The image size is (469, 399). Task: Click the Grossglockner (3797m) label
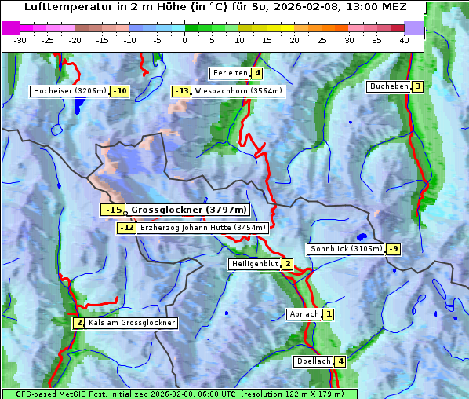tap(188, 210)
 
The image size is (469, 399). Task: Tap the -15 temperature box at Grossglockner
tap(113, 210)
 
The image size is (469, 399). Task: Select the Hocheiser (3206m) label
tap(70, 91)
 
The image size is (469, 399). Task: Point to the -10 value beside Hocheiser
tap(120, 91)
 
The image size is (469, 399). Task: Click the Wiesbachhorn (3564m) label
tap(238, 91)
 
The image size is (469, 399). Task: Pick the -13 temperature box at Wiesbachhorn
tap(181, 91)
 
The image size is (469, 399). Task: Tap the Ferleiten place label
tap(230, 73)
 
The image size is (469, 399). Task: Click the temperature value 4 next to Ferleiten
tap(257, 73)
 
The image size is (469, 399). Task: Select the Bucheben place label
tap(389, 86)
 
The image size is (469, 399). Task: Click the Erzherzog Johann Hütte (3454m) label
tap(203, 228)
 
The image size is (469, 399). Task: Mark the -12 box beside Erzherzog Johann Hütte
tap(126, 228)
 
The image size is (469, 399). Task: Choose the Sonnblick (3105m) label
tap(346, 249)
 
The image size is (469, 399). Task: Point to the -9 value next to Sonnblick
tap(394, 249)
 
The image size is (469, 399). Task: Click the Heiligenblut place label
tap(255, 264)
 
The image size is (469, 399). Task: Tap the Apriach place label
tap(304, 314)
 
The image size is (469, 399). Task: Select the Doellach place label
tap(313, 361)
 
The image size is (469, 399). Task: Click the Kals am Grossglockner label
tap(131, 323)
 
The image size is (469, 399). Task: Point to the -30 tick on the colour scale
tap(20, 39)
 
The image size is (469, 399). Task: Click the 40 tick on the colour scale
tap(403, 39)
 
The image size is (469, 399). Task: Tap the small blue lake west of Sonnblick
tap(361, 236)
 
